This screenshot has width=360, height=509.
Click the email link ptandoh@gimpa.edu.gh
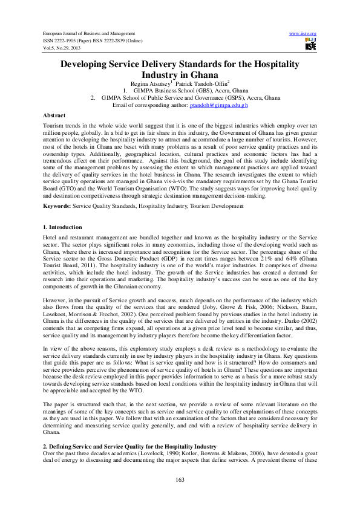point(210,105)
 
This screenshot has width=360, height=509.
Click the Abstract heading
point(54,114)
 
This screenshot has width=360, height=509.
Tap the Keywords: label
point(57,206)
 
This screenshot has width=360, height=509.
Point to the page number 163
point(180,478)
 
